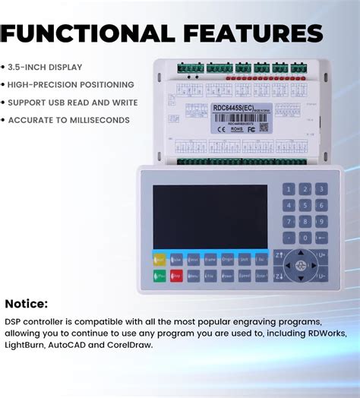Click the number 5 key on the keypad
[x=305, y=206]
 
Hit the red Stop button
[x=176, y=276]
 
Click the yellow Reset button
[x=159, y=259]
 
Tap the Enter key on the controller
[x=261, y=276]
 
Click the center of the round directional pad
[x=301, y=267]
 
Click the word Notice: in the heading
[x=27, y=304]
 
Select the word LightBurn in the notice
[x=27, y=345]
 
